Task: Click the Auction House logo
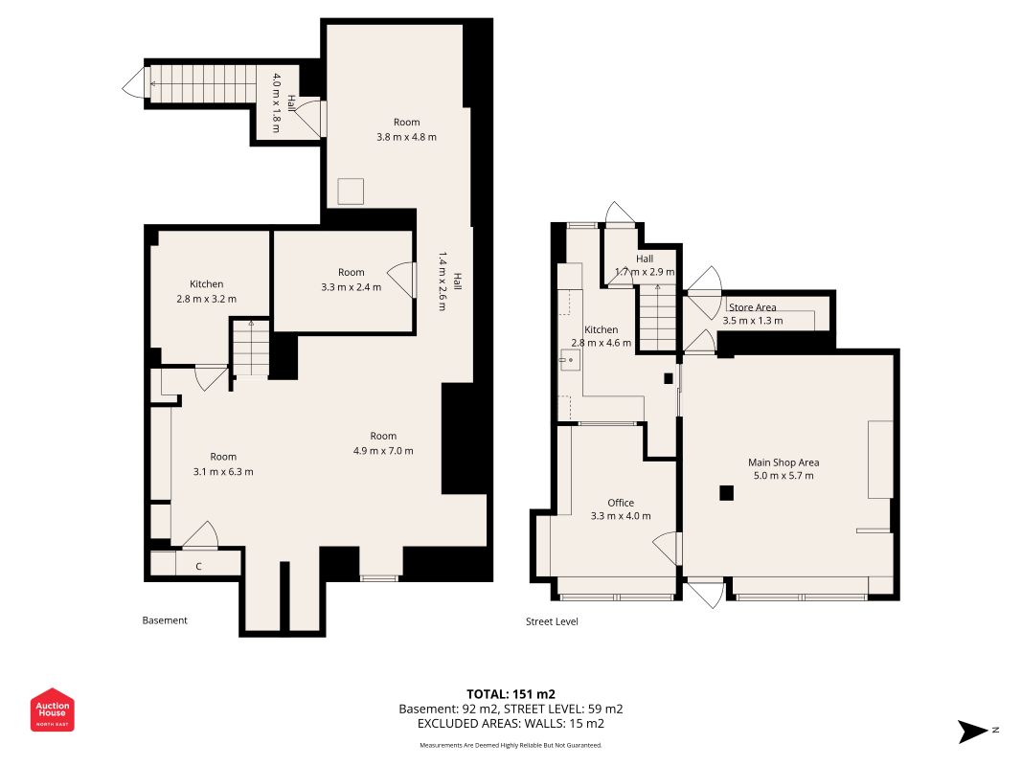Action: point(52,710)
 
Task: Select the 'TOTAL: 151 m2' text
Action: point(511,694)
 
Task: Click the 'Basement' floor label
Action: point(165,620)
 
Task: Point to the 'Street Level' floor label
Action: point(552,621)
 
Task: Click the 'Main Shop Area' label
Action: point(784,462)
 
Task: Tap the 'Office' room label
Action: point(621,503)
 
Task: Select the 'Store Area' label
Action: point(752,307)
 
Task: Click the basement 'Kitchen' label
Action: point(207,284)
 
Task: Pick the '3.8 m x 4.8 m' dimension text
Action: point(407,137)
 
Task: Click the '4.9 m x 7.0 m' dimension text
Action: point(383,451)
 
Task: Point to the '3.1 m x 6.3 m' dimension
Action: point(223,472)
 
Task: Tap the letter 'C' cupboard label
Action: point(199,567)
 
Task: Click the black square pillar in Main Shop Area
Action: point(727,493)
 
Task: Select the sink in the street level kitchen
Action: point(570,360)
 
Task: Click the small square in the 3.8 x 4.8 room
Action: point(351,191)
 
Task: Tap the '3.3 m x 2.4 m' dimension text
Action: point(352,286)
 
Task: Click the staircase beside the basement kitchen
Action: point(251,349)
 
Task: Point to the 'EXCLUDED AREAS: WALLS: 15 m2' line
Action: point(511,724)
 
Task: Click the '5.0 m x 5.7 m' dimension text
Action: point(784,476)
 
